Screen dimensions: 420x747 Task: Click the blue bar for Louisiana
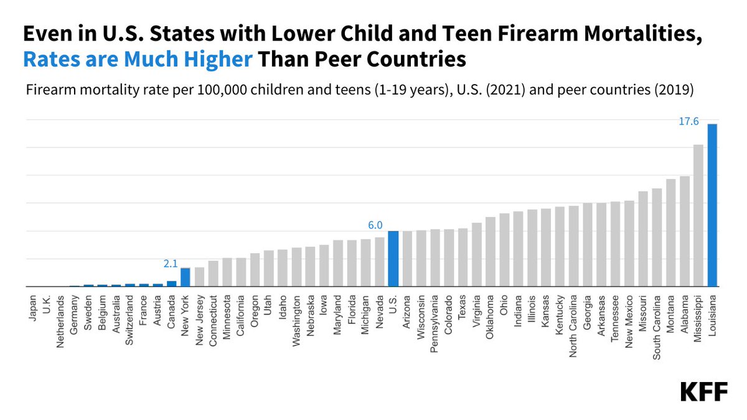click(712, 205)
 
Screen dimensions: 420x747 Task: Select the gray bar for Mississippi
click(698, 215)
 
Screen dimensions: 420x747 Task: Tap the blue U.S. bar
click(393, 259)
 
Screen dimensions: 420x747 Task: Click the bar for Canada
click(171, 284)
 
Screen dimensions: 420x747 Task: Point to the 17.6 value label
click(688, 122)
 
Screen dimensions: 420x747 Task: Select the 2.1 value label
click(171, 264)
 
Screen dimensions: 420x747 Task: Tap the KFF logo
click(703, 392)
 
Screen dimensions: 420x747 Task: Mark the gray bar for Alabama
click(685, 231)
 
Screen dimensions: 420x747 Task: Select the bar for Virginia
click(477, 254)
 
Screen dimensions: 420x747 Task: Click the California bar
click(241, 272)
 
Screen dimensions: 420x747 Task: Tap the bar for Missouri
click(643, 239)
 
